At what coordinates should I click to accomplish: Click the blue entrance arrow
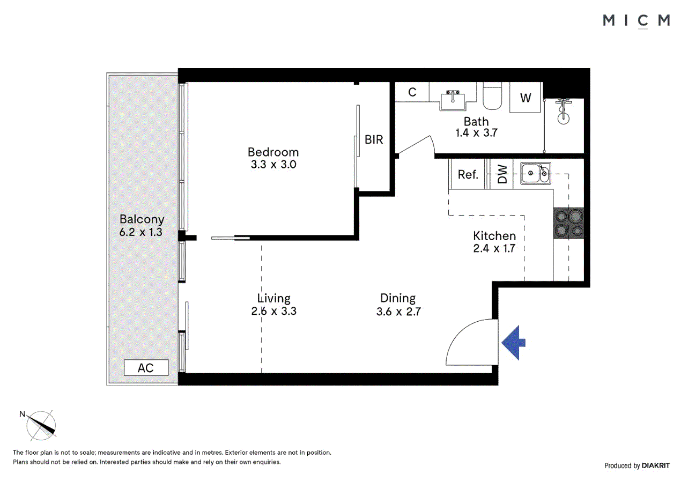point(513,343)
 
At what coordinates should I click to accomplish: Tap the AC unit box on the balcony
point(146,368)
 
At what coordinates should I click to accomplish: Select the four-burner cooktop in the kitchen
point(568,223)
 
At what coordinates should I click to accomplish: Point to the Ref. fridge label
point(468,174)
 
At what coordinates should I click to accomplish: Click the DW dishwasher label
point(502,174)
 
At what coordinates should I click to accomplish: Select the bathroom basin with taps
point(453,100)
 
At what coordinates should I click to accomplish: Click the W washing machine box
point(525,98)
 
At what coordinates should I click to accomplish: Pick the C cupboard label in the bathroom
point(412,92)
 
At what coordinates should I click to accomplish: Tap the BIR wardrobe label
point(374,139)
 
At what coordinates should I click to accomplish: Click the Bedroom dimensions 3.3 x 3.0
point(273,165)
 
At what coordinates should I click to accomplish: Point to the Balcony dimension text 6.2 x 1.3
point(142,233)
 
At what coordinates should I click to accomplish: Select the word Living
point(273,298)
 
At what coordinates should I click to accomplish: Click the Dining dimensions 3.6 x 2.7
point(398,312)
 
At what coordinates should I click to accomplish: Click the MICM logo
point(636,20)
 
